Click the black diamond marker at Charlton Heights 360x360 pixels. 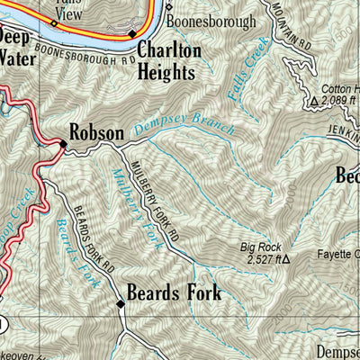pyautogui.click(x=132, y=33)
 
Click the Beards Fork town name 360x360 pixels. pyautogui.click(x=174, y=292)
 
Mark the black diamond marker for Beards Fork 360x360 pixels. pyautogui.click(x=121, y=304)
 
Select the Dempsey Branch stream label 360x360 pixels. pyautogui.click(x=184, y=130)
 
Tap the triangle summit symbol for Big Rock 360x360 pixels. pyautogui.click(x=287, y=259)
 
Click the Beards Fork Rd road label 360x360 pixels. pyautogui.click(x=94, y=236)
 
